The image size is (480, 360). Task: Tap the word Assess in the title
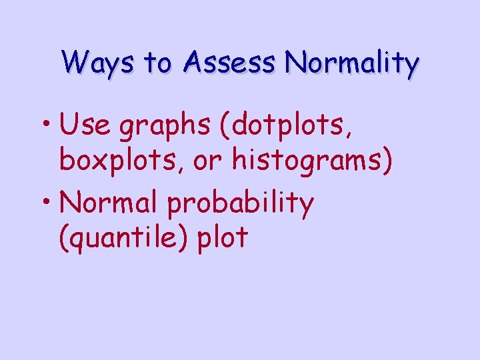tap(229, 63)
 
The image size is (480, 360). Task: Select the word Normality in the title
tap(351, 63)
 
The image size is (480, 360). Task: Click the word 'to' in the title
tap(158, 64)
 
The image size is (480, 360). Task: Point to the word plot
tap(223, 238)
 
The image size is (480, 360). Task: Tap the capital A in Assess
tap(195, 63)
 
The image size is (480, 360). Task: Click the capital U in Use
tap(68, 125)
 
